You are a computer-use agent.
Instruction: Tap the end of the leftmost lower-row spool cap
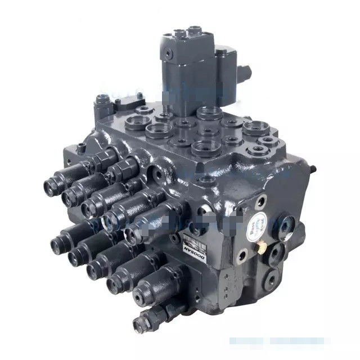57,244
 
